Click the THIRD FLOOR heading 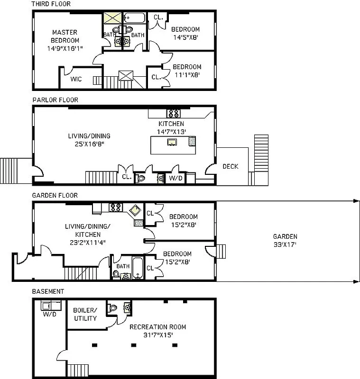(x=51, y=4)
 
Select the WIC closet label (x=76, y=79)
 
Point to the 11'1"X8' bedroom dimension (x=186, y=75)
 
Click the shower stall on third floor (x=112, y=18)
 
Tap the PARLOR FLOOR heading (x=55, y=100)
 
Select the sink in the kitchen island (x=172, y=142)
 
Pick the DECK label (x=231, y=166)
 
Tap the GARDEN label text (x=285, y=236)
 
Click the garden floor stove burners (x=116, y=207)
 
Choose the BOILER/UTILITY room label (x=85, y=314)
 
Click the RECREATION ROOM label (x=157, y=327)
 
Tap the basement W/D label (x=49, y=314)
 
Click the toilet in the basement (x=111, y=307)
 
